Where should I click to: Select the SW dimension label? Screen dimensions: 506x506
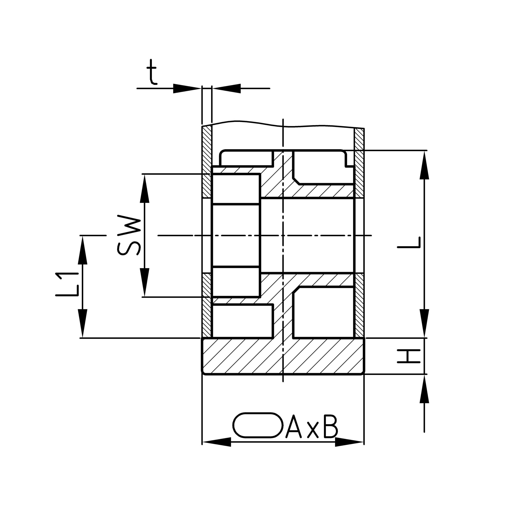(x=129, y=235)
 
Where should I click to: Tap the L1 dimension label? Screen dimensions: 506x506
(x=67, y=284)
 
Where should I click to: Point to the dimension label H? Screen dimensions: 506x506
(x=409, y=356)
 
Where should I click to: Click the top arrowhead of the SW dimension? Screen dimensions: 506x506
(x=144, y=189)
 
